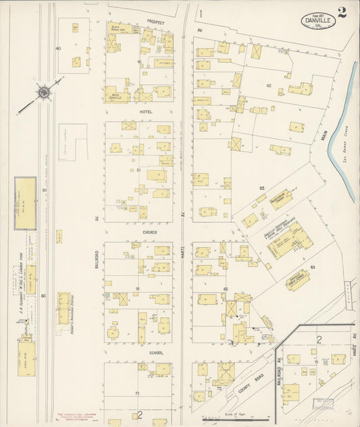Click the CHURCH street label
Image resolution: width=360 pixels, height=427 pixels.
tap(150, 232)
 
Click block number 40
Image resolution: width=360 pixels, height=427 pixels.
tap(59, 49)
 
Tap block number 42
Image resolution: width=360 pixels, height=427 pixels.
tap(268, 85)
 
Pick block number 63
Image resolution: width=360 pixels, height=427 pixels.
tap(313, 268)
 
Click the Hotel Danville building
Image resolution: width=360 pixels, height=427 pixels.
tap(119, 96)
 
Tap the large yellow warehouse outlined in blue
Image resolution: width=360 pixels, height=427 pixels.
tap(26, 202)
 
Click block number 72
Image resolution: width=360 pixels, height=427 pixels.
tap(219, 390)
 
